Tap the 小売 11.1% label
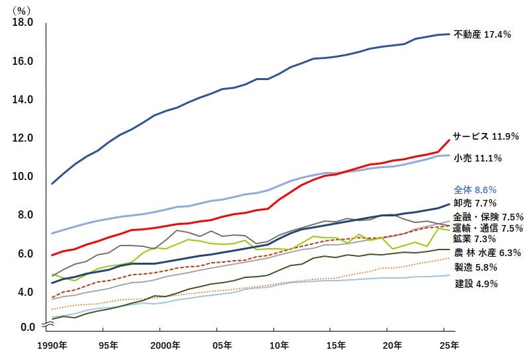477,158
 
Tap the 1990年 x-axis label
52,345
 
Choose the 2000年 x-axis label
166,345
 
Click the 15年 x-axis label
336,345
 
